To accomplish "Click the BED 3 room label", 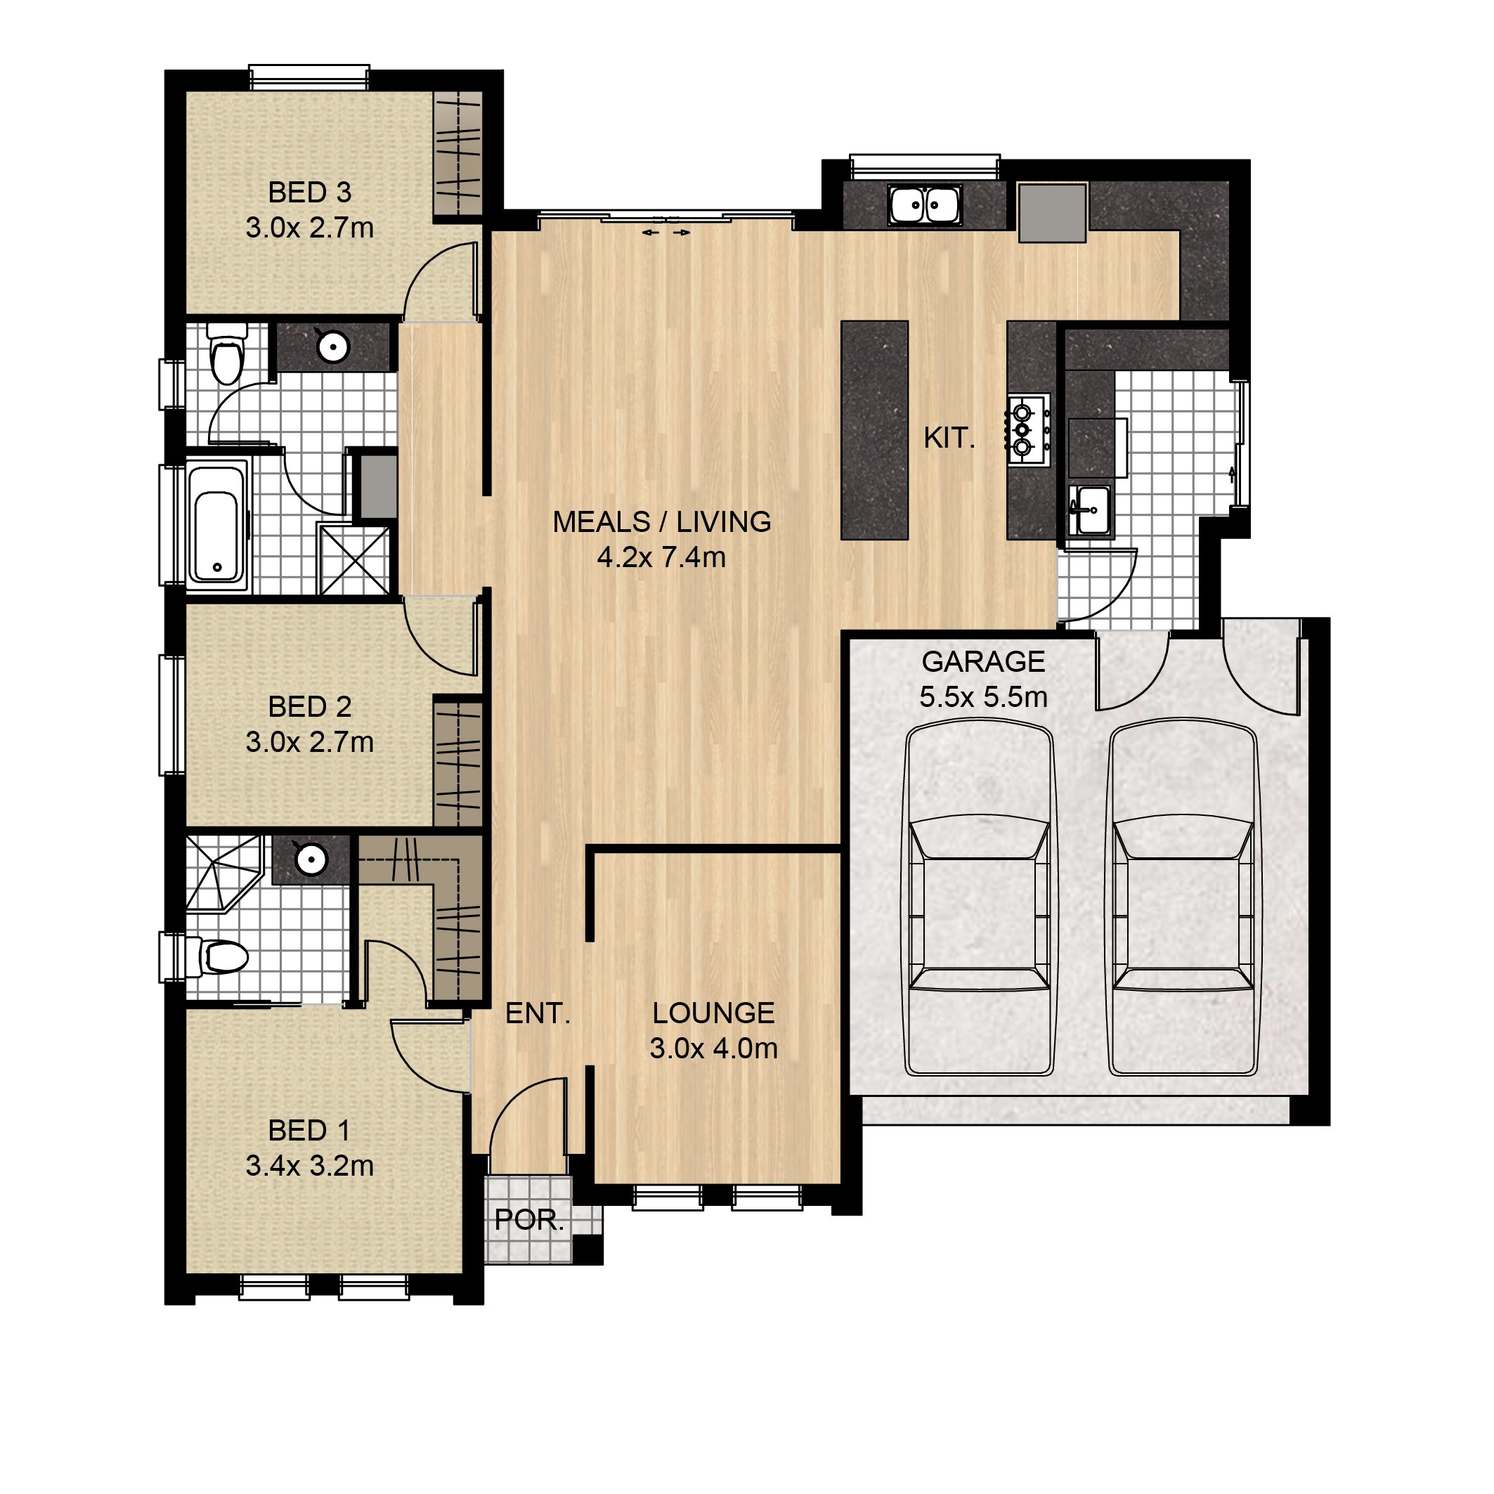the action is [309, 192].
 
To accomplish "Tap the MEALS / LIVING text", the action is [661, 522].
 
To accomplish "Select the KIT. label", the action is [949, 439].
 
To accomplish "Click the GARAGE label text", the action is [983, 662].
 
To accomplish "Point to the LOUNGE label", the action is [713, 1013].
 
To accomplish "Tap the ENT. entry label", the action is [538, 1013].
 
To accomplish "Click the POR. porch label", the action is [529, 1219].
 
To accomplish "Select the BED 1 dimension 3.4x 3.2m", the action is [309, 1165].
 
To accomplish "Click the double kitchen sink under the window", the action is [924, 205].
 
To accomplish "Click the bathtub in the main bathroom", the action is [217, 526].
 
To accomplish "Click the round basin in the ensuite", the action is [311, 858].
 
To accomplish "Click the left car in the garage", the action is [980, 898].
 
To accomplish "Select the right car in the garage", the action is [1183, 898].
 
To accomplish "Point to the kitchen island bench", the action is [875, 430].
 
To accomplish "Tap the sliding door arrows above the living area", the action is [665, 232].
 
